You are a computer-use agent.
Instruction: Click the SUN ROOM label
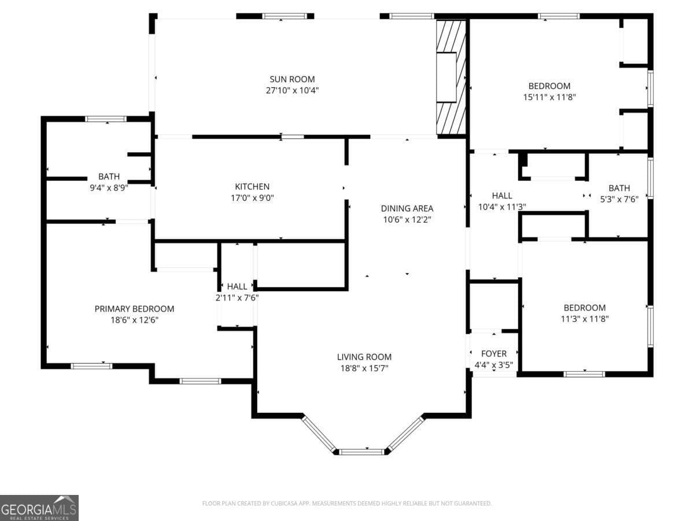(x=292, y=79)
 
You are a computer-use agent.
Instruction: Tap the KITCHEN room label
(x=252, y=186)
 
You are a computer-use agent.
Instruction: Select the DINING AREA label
(x=407, y=208)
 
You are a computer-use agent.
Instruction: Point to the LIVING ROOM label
(x=364, y=357)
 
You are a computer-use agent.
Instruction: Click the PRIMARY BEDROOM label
(x=134, y=309)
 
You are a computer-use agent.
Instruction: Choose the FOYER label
(x=493, y=354)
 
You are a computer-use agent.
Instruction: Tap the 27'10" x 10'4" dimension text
(x=292, y=90)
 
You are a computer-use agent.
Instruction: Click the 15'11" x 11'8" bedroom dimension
(x=549, y=97)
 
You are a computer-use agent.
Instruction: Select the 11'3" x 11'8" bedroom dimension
(x=584, y=319)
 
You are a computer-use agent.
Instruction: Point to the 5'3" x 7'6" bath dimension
(x=619, y=199)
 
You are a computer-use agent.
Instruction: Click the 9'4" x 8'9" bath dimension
(x=109, y=188)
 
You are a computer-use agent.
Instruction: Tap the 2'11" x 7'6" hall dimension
(x=237, y=298)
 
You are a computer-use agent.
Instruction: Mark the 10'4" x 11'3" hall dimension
(x=502, y=207)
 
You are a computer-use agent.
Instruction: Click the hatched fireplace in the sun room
(x=451, y=78)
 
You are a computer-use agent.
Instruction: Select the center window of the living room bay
(x=361, y=452)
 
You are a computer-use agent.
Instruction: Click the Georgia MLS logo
(x=39, y=508)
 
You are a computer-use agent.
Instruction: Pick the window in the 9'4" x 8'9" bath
(x=106, y=119)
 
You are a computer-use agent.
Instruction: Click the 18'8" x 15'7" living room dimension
(x=364, y=368)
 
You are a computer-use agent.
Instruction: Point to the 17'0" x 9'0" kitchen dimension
(x=252, y=198)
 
